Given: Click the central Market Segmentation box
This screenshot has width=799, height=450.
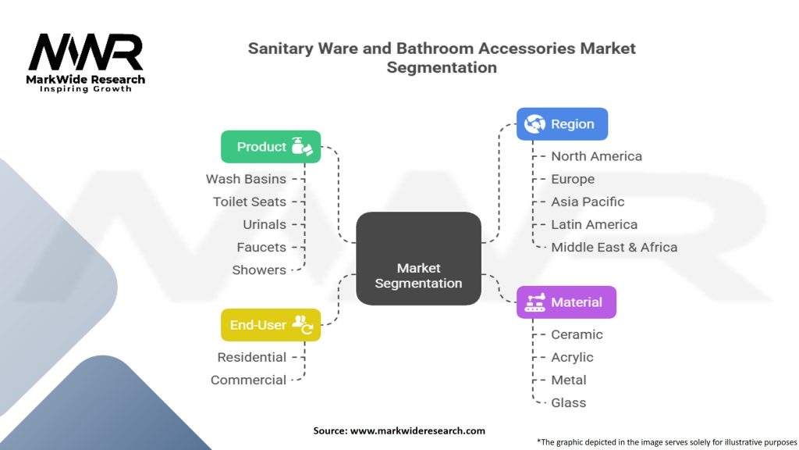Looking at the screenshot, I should [418, 258].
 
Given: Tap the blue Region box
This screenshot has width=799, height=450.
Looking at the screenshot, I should [562, 124].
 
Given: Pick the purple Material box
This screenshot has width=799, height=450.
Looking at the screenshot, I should [566, 302].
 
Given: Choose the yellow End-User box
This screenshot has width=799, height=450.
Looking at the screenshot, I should [271, 325].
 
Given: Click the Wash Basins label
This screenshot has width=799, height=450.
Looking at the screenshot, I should [246, 179].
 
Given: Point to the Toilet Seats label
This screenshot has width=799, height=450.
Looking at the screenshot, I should [250, 202].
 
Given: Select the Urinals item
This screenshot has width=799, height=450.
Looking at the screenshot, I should [265, 224].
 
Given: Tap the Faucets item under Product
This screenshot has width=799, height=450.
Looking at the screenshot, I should [261, 247].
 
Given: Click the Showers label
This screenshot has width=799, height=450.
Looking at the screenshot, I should [259, 270].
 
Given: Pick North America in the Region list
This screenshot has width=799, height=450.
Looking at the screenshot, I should [596, 156].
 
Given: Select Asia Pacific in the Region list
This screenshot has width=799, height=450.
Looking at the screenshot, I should [588, 202].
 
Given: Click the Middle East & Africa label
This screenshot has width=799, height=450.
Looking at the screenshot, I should [614, 247].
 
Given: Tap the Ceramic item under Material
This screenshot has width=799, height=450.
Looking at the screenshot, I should [577, 334].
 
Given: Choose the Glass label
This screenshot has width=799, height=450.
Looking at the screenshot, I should [568, 402].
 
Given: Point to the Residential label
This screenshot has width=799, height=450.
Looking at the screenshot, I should [252, 357].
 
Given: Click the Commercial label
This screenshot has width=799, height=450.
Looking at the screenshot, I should [248, 380].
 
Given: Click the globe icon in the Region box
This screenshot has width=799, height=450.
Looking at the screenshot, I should [534, 124].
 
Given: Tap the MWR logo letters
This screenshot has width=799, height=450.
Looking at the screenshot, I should [86, 52].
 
